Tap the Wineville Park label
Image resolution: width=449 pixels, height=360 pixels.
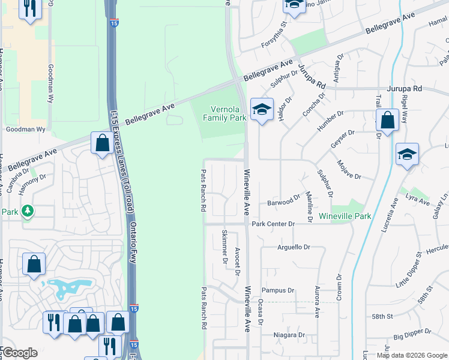pos(345,216)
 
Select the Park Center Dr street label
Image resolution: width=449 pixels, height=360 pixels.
pos(273,224)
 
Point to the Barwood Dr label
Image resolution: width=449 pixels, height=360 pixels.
pos(285,200)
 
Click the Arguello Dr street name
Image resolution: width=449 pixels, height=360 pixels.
pos(293,247)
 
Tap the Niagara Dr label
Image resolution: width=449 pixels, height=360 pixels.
pos(289,335)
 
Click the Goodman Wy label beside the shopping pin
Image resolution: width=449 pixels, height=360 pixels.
pos(25,129)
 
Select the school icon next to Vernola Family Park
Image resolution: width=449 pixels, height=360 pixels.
pos(262,109)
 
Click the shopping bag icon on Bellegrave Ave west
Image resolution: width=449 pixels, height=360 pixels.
pos(101,143)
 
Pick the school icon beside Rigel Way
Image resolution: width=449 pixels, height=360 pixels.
pos(407,155)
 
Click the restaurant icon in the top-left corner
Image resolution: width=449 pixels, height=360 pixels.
pos(29,8)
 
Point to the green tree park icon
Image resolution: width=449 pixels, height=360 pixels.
pos(27,211)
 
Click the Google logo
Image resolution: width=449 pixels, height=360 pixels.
pos(19,353)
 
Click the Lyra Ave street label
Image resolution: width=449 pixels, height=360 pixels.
pos(419,200)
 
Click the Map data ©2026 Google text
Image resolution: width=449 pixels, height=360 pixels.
pos(412,355)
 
